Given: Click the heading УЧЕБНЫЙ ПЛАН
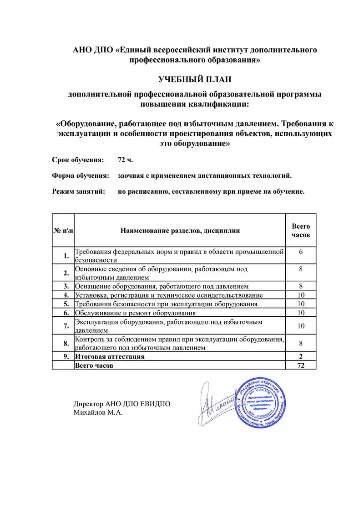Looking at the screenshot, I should pos(195,79).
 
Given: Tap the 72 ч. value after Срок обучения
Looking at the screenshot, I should pos(125,160).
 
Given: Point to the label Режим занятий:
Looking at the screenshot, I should pos(79,191).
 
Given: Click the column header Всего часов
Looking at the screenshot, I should pos(300,231).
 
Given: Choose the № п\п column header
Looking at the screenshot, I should pos(63,231).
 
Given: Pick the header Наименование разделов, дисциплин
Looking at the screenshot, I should pos(180,231).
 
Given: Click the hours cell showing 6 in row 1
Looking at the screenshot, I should pos(301,252).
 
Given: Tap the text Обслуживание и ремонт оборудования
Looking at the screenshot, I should pos(135,313).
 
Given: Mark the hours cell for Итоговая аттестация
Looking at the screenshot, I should pos(301,356).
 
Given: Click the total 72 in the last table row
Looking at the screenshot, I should pos(301,365).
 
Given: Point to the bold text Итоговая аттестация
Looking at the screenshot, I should pos(110,356).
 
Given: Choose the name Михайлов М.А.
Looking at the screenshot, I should pos(98,413).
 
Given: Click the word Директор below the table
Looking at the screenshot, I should pos(88,404).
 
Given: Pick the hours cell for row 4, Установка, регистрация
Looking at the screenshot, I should pos(301,295).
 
